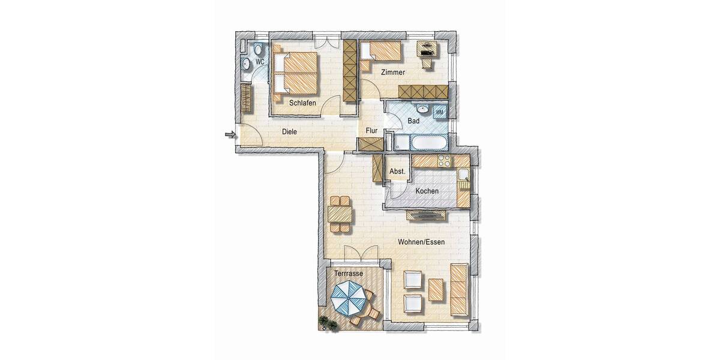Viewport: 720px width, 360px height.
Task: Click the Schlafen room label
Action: [x=302, y=103]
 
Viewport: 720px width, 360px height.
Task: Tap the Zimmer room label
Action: [x=392, y=72]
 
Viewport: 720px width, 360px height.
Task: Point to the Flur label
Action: [x=371, y=130]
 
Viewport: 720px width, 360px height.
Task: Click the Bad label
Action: [x=413, y=121]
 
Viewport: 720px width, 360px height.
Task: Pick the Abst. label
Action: [x=397, y=172]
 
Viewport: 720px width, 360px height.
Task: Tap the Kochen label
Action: [x=427, y=191]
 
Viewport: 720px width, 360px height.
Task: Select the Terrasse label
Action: [x=349, y=273]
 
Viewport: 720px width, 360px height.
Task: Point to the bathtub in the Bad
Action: [x=427, y=143]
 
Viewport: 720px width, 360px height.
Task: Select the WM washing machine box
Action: [x=439, y=112]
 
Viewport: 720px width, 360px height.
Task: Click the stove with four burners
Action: [x=445, y=161]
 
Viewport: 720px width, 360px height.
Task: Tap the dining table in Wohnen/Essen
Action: [x=340, y=214]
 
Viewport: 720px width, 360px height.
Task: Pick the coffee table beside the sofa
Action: [x=436, y=289]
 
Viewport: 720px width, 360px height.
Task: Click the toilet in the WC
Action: [x=259, y=50]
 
